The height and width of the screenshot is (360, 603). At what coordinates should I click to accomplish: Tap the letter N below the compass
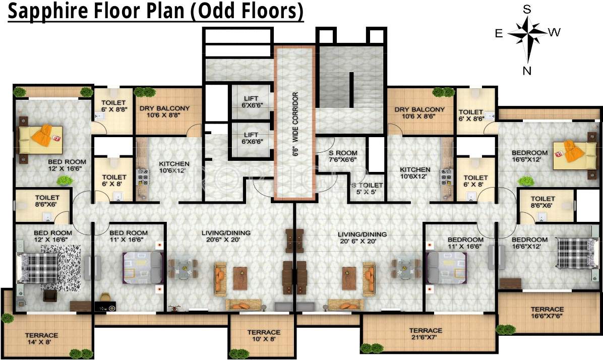(x=527, y=71)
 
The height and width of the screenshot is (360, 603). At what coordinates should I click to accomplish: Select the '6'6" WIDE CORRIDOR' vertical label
(x=295, y=124)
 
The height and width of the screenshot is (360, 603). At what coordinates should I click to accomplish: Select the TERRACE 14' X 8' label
(x=42, y=338)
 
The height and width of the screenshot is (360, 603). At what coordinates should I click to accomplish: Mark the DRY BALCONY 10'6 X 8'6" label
(x=419, y=112)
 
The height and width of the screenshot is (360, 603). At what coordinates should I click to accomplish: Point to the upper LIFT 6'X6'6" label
(x=251, y=102)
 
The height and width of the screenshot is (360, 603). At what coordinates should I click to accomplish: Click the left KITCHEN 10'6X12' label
(x=174, y=167)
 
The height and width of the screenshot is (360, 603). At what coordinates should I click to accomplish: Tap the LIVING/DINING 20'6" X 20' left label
(x=226, y=236)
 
